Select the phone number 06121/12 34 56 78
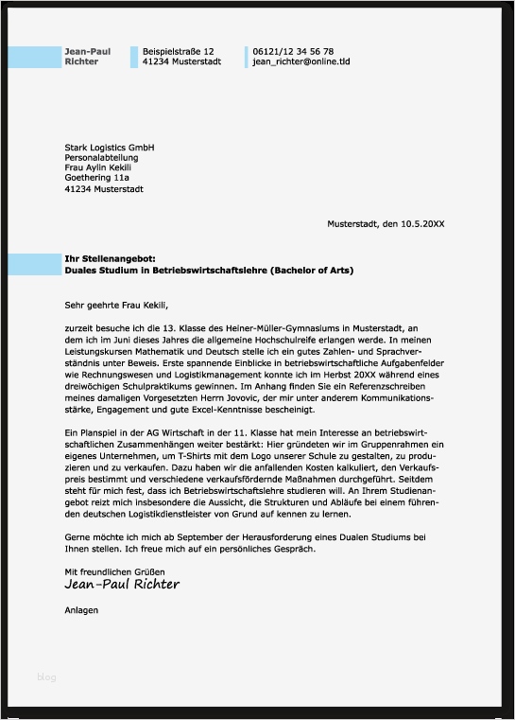point(293,51)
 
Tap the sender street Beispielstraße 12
point(178,51)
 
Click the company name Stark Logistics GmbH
point(109,148)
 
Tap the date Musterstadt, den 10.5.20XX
point(386,224)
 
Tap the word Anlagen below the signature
point(81,610)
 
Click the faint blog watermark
point(46,676)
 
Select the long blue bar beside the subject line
point(35,264)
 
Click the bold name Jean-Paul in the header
point(87,51)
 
